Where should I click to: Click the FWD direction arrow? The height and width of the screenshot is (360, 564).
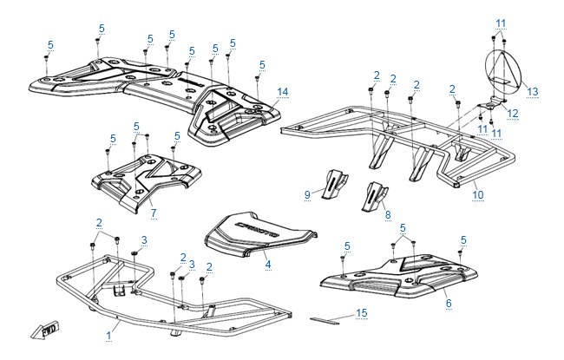point(44,330)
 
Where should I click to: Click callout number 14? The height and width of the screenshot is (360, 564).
point(283,92)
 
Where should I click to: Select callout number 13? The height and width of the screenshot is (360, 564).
point(533,92)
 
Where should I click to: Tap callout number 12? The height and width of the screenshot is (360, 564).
point(512,114)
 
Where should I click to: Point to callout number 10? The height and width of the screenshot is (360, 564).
point(478,194)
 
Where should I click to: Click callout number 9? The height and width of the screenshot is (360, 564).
point(307,194)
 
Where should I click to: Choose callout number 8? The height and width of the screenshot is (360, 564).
point(388,215)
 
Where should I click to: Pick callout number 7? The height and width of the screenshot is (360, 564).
point(154,213)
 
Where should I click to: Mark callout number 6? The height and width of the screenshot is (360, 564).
point(449,303)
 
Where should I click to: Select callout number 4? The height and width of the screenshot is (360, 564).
point(268,265)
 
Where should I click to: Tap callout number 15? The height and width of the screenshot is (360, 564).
point(362,313)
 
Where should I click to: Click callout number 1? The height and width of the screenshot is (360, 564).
point(108,336)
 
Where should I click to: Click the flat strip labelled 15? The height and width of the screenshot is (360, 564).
point(325,320)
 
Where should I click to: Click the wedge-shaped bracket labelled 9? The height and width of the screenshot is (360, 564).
point(335,184)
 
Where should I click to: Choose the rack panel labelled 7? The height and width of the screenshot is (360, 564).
point(147,181)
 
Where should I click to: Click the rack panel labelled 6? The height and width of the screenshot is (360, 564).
point(399,276)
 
